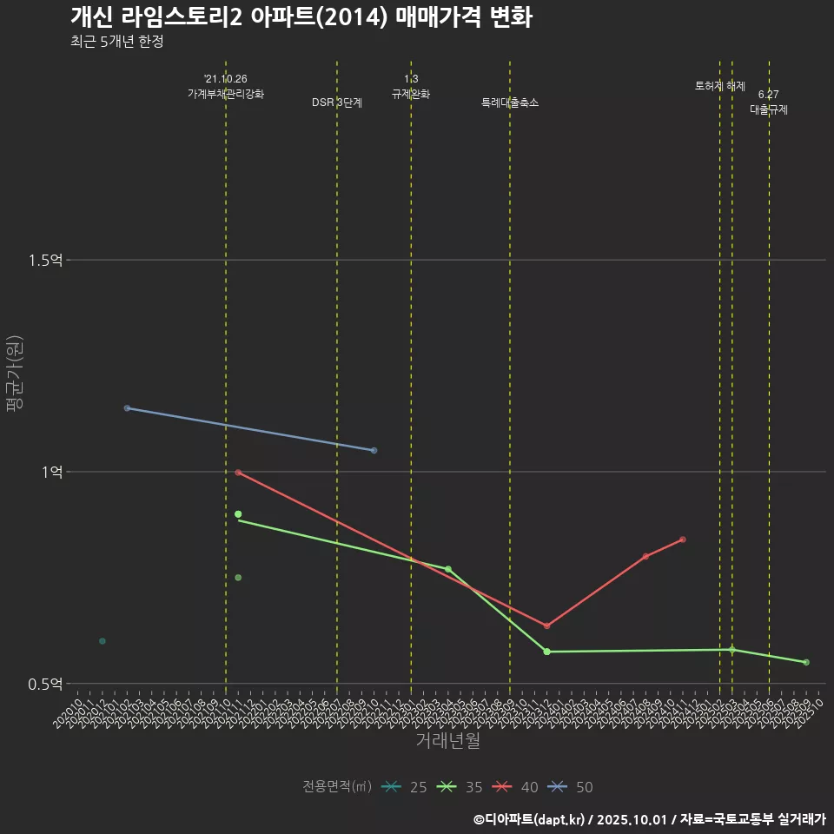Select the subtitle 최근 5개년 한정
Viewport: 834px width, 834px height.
click(116, 41)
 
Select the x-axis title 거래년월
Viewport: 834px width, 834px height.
click(447, 740)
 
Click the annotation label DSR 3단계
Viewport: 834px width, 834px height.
click(337, 103)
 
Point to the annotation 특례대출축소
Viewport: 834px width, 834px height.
click(510, 103)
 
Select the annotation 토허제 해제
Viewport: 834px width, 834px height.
click(720, 86)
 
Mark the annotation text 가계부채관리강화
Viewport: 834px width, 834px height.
click(226, 93)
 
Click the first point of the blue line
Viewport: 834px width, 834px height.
click(127, 408)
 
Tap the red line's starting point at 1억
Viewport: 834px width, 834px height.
click(238, 472)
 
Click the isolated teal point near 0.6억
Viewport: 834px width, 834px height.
click(103, 641)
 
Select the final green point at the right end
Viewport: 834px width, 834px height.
click(806, 663)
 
